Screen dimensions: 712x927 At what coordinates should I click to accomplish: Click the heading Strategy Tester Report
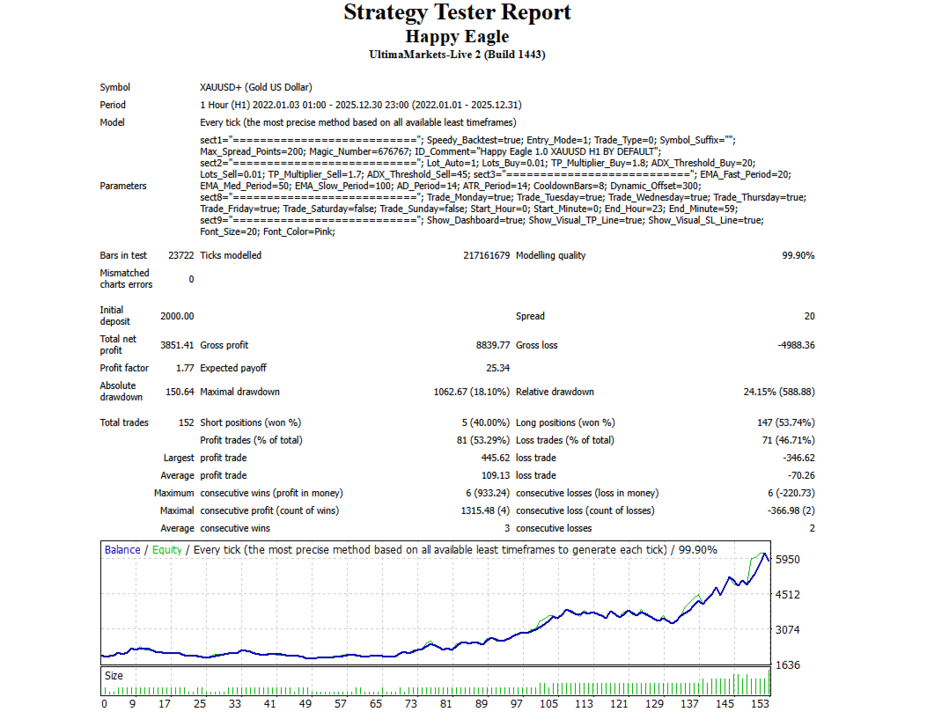click(457, 12)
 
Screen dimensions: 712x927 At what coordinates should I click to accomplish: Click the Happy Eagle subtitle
click(457, 36)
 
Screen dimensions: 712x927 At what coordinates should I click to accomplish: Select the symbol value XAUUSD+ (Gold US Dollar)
click(256, 87)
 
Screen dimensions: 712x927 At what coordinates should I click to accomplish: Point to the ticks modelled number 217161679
click(479, 255)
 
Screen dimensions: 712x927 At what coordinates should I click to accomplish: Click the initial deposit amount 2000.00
click(177, 316)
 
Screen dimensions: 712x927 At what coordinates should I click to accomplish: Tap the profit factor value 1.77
click(184, 368)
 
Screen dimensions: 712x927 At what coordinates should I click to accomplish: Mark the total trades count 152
click(186, 422)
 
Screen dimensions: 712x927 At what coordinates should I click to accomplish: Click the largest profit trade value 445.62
click(492, 458)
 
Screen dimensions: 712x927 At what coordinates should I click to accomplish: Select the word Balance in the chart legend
click(122, 550)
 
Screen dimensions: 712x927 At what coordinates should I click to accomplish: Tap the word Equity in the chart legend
click(167, 550)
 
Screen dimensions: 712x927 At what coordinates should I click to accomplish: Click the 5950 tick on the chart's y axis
click(789, 560)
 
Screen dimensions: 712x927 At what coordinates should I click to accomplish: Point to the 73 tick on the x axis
click(410, 704)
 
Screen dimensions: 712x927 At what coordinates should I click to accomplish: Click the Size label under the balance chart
click(114, 676)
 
